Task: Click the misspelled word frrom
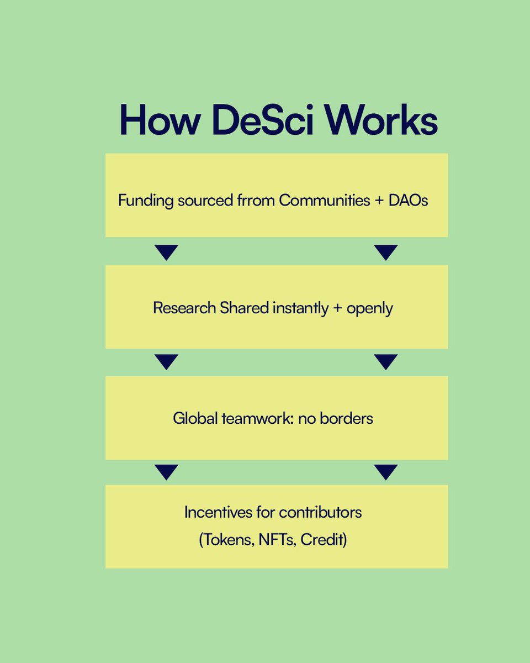(255, 201)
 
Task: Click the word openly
(370, 308)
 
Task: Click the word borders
(347, 418)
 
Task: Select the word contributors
(320, 512)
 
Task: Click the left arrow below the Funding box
(166, 252)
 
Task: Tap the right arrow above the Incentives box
(385, 472)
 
